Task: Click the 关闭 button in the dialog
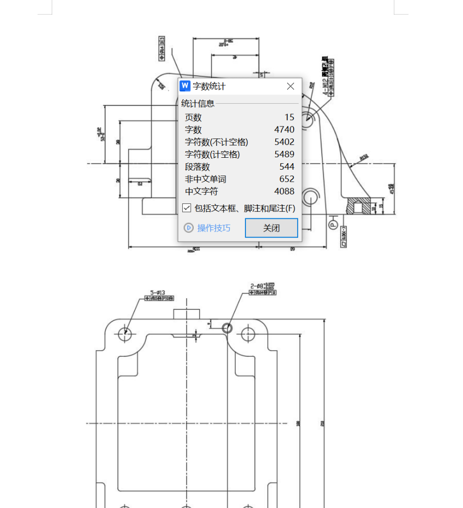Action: (x=271, y=228)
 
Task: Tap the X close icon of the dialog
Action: (x=291, y=86)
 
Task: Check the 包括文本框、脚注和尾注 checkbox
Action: (x=187, y=208)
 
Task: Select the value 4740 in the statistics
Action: (x=284, y=130)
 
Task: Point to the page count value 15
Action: (x=289, y=118)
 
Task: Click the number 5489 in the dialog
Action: (x=284, y=154)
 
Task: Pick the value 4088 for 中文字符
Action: (x=284, y=191)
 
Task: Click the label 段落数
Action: (x=198, y=167)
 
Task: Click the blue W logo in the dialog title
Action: (x=185, y=86)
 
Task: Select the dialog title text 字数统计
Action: (x=209, y=86)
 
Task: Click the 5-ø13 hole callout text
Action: (x=158, y=293)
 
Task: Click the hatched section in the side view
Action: (x=358, y=206)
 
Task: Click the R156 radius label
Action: (x=364, y=158)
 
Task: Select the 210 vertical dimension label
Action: (x=322, y=423)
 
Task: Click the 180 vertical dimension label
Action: (x=298, y=423)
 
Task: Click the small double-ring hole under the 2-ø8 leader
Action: (x=228, y=327)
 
